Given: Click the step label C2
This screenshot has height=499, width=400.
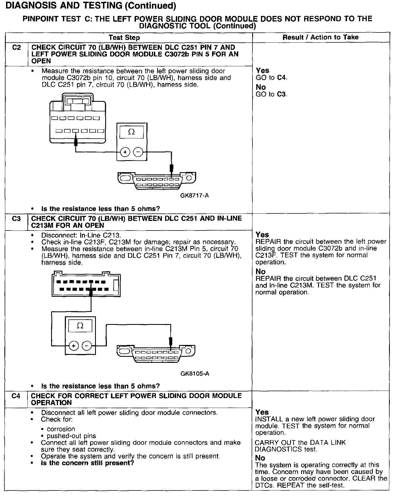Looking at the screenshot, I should click(16, 48).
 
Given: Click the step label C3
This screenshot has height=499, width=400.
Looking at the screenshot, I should click(16, 219).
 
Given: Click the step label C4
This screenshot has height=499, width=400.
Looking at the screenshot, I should click(16, 396).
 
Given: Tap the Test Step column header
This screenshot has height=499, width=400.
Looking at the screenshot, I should click(124, 38).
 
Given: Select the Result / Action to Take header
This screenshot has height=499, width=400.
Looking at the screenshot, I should click(321, 37).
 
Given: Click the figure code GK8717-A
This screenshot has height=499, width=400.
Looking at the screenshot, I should click(195, 196).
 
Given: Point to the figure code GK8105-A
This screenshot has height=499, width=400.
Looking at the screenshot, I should click(195, 374).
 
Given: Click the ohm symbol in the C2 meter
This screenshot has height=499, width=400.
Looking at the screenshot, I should click(132, 132).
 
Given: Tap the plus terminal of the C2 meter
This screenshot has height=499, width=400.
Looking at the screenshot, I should click(125, 152).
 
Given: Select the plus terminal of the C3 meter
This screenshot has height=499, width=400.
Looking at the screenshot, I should click(74, 346).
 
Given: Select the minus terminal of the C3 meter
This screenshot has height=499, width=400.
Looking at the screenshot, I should click(87, 346).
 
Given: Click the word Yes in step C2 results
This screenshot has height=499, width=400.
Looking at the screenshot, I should click(262, 71).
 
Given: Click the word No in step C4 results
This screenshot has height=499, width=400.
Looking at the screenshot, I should click(260, 458).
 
